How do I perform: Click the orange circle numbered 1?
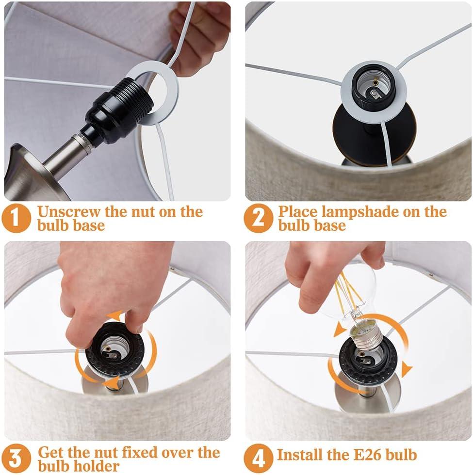16,218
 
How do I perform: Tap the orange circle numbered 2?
258,218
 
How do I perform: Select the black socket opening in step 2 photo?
373,87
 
